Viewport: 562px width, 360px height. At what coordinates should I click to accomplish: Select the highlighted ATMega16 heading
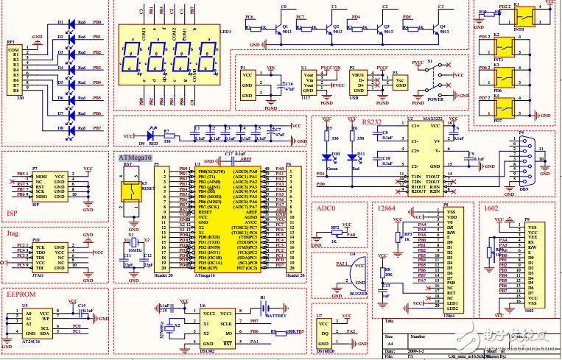pos(134,158)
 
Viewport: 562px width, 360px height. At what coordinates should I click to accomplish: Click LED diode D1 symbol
pos(71,23)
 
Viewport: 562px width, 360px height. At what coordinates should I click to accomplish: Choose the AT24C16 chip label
pos(34,342)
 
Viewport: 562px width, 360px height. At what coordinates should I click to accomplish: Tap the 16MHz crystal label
pos(136,251)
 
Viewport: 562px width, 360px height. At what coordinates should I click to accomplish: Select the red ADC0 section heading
pos(326,209)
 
